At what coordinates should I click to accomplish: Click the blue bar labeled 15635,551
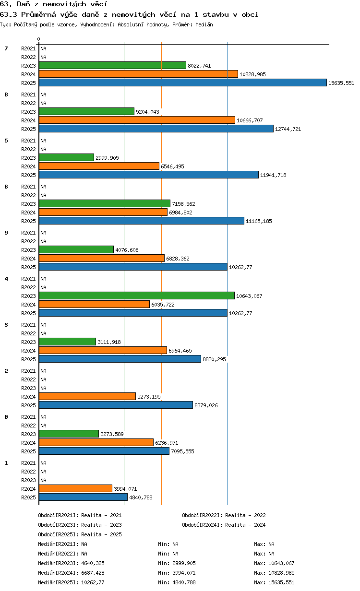coord(182,83)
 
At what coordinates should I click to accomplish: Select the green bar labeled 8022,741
coord(112,65)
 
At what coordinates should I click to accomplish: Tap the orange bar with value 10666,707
coord(137,120)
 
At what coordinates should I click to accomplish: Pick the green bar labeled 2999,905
coord(67,157)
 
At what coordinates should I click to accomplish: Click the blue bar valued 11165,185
coord(142,221)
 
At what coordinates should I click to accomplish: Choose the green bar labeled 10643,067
coord(137,296)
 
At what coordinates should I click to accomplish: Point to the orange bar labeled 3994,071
coord(75,489)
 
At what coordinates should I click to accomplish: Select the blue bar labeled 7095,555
coord(104,451)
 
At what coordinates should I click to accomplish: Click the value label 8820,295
coord(214,359)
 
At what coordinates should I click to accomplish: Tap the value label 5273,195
coord(149,397)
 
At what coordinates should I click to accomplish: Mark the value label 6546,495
coord(172,166)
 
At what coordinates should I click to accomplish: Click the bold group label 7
coord(6,48)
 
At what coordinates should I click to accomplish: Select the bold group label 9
coord(6,233)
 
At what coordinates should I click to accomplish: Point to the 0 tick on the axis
coord(38,39)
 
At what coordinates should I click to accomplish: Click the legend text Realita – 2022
coord(245,515)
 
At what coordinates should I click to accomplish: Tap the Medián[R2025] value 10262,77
coord(93,582)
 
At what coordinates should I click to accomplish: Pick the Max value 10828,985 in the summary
coord(281,573)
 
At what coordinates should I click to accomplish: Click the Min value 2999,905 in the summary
coord(184,563)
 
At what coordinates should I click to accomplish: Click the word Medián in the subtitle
coord(204,24)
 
